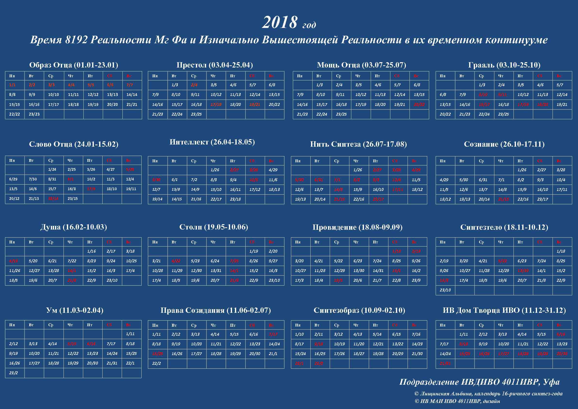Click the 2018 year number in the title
(280, 22)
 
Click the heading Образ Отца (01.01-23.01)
(73, 65)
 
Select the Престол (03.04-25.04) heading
(215, 65)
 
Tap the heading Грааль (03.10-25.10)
(504, 65)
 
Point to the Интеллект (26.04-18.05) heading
(212, 142)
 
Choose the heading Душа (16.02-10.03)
(73, 227)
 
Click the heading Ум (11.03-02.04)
(74, 310)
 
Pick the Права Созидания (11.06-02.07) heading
(216, 310)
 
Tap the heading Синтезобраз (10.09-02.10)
(359, 310)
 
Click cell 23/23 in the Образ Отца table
(34, 114)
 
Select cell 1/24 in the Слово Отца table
(52, 170)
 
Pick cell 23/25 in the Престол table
(196, 114)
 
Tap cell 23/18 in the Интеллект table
(235, 199)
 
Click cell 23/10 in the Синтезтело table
(445, 290)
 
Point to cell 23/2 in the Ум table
(14, 373)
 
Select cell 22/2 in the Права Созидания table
(156, 363)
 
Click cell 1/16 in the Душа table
(91, 251)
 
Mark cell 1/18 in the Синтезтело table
(561, 251)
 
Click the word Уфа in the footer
(551, 382)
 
